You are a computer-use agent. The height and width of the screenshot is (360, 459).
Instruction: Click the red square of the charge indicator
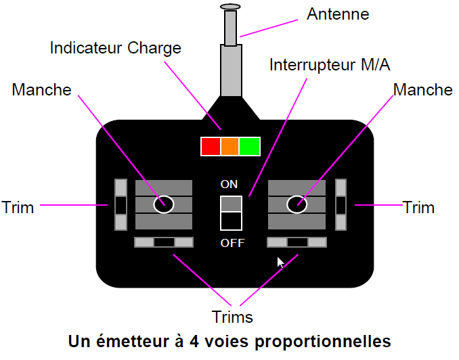point(211,146)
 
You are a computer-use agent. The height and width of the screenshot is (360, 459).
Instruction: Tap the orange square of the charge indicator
point(230,146)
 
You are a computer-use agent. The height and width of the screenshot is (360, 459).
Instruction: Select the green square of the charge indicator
point(250,146)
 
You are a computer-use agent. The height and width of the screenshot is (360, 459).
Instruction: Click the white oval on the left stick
point(163,204)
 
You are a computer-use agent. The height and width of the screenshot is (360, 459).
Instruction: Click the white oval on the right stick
point(297,204)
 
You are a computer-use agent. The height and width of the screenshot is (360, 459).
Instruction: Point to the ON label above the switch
point(230,184)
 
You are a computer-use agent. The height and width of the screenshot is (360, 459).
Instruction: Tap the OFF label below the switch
point(232,243)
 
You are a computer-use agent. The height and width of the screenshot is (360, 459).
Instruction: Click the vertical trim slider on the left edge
point(121,204)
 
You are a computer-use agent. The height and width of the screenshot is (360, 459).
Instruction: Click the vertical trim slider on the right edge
point(341,204)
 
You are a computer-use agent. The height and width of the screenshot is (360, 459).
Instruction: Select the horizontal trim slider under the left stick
point(164,242)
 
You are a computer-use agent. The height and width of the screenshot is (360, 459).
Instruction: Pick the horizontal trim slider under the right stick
point(297,242)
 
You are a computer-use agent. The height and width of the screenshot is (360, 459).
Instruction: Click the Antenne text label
point(338,14)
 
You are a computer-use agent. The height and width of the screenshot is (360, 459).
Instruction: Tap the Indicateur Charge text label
point(116,49)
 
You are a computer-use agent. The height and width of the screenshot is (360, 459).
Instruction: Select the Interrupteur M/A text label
point(330,65)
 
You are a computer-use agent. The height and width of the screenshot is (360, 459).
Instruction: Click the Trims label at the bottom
point(232,317)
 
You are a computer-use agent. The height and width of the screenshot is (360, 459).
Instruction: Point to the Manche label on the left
point(41,90)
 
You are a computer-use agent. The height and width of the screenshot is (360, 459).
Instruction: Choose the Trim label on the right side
point(418,207)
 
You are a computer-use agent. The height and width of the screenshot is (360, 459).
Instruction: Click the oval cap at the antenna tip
point(231,7)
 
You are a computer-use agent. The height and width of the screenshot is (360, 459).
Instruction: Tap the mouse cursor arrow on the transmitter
point(280,262)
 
